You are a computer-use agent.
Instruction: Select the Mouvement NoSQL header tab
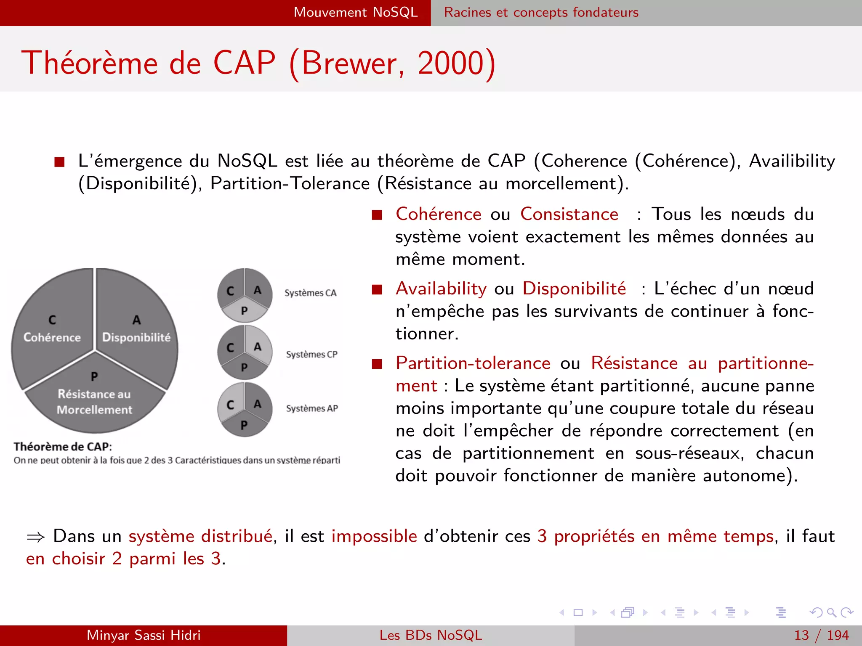[x=356, y=12]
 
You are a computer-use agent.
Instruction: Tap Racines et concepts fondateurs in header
[x=541, y=12]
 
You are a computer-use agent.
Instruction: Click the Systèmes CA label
[x=310, y=293]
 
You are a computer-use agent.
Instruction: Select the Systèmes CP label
[x=311, y=354]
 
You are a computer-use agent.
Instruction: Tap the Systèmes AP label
[x=312, y=408]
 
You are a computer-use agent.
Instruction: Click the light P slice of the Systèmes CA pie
[x=245, y=311]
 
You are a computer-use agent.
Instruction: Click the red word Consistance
[x=569, y=214]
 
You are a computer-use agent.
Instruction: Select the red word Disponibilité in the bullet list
[x=574, y=289]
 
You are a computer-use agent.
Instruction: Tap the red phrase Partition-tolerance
[x=473, y=363]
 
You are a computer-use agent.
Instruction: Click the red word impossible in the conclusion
[x=374, y=536]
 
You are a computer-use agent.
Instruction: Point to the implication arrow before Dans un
[x=36, y=537]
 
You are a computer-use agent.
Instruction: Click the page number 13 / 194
[x=821, y=635]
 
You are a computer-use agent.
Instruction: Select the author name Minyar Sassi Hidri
[x=144, y=635]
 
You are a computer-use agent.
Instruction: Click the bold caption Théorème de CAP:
[x=63, y=447]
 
